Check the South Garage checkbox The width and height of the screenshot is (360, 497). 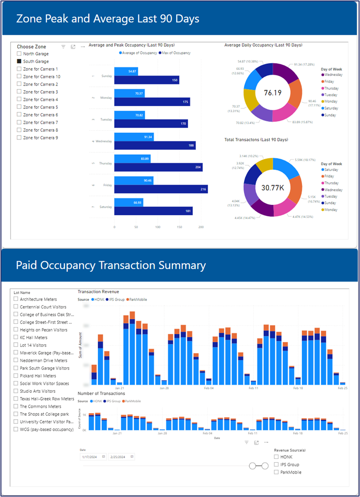pyautogui.click(x=19, y=62)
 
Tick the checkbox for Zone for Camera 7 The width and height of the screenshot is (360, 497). pyautogui.click(x=19, y=123)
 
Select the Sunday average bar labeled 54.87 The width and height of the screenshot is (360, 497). pyautogui.click(x=126, y=71)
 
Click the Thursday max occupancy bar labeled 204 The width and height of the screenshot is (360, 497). pyautogui.click(x=159, y=167)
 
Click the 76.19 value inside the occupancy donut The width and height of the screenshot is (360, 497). pyautogui.click(x=272, y=93)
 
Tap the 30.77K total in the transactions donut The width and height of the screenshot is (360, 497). pyautogui.click(x=272, y=187)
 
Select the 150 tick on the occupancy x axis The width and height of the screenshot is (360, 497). pyautogui.click(x=180, y=227)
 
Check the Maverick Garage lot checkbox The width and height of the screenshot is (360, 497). pyautogui.click(x=16, y=353)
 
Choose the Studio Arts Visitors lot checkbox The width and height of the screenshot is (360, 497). pyautogui.click(x=16, y=391)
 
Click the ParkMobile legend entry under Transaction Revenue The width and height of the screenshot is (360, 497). pyautogui.click(x=138, y=299)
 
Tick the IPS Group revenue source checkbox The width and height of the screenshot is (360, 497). pyautogui.click(x=277, y=465)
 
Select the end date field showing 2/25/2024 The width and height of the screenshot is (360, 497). pyautogui.click(x=119, y=457)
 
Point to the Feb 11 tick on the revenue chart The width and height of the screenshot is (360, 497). pyautogui.click(x=254, y=388)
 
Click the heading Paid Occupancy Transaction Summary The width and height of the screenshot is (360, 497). pyautogui.click(x=111, y=265)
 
